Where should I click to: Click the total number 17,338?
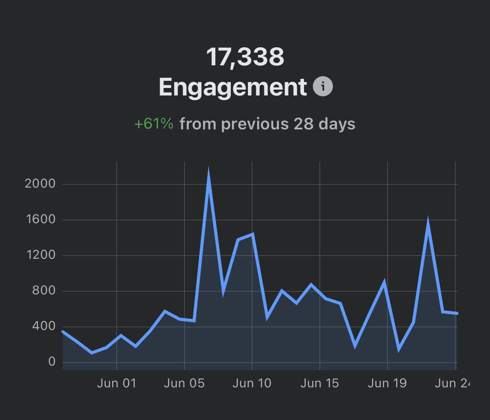(x=245, y=57)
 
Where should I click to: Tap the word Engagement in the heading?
(x=233, y=87)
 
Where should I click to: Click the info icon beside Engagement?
(x=323, y=87)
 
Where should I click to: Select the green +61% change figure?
(x=154, y=124)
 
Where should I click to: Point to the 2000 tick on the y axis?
(x=40, y=183)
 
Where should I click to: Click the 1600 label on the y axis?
(x=40, y=219)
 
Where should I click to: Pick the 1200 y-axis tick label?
(x=40, y=255)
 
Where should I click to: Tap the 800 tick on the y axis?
(x=44, y=291)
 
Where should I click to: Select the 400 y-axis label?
(x=44, y=326)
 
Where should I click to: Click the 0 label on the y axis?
(x=52, y=362)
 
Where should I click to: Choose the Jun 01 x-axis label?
(x=116, y=383)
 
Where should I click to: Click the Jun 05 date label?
(x=184, y=383)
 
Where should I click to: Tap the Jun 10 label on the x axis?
(x=252, y=383)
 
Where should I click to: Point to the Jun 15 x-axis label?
(x=320, y=383)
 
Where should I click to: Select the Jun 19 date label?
(x=387, y=383)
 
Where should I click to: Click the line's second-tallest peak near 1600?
(x=428, y=221)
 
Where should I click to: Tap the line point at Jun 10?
(x=252, y=234)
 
